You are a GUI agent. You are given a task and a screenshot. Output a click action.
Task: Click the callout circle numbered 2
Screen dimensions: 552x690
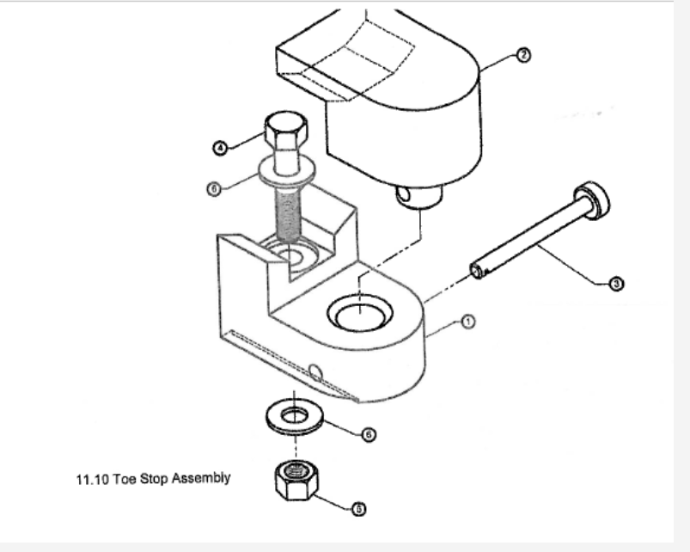pos(523,54)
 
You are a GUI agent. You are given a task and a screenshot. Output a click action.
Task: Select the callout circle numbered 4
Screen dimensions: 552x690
pos(220,148)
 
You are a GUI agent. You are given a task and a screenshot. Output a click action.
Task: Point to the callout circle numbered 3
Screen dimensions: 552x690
pos(615,285)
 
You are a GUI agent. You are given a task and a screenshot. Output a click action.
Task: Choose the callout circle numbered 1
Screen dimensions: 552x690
pos(468,322)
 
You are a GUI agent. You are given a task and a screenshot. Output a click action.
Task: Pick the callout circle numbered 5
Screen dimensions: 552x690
pos(360,508)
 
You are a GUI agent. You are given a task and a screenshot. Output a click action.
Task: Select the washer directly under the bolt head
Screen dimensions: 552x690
pos(284,171)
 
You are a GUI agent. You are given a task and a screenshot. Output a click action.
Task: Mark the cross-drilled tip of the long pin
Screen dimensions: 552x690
pos(477,272)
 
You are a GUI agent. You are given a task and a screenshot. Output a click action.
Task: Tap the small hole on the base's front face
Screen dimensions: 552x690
pos(315,372)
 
